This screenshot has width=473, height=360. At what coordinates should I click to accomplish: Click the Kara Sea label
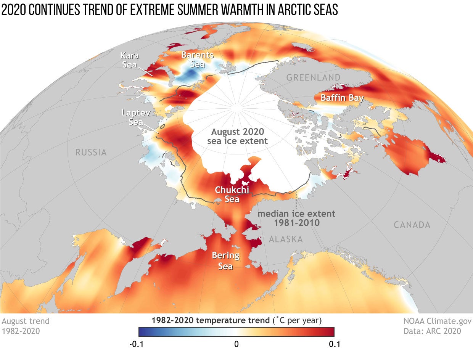(129, 60)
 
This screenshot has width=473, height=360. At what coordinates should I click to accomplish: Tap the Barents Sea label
(197, 59)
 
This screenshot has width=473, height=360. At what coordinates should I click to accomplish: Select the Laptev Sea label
(132, 117)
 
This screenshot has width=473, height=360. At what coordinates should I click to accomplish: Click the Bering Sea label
(225, 260)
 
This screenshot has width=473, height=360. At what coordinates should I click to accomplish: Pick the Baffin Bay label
(342, 98)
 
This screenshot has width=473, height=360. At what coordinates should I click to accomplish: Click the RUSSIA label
(91, 153)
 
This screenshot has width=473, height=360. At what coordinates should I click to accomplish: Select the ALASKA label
(286, 239)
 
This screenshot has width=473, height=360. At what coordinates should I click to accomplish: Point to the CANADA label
(412, 225)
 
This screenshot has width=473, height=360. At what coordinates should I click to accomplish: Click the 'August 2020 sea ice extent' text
(237, 137)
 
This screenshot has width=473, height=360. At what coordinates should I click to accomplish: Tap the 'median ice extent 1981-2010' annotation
(296, 218)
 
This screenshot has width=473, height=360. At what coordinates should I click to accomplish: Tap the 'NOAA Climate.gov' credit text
(433, 321)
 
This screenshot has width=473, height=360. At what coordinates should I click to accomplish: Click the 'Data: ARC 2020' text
(432, 331)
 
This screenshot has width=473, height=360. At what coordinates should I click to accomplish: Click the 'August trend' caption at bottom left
(26, 321)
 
